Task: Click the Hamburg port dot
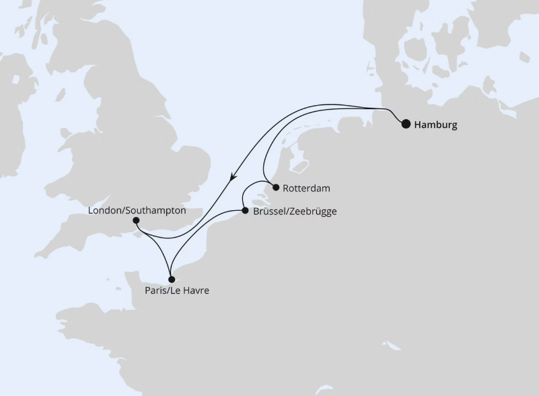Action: coord(406,124)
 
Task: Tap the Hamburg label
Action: coord(436,125)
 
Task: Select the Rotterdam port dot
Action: coord(275,188)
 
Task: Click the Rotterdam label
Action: coord(307,189)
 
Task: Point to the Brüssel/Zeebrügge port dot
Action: coord(244,211)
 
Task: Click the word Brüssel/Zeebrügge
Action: coord(294,211)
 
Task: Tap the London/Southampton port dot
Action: coord(137,220)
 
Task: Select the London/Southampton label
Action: coord(137,210)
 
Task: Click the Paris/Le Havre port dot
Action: coord(172,279)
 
